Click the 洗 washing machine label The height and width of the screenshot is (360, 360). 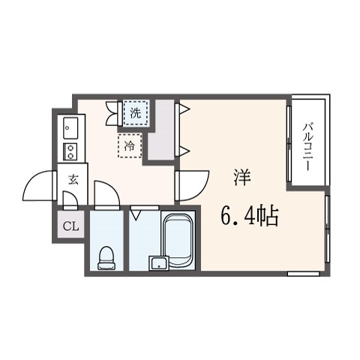coord(136,113)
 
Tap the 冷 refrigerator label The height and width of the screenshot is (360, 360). coord(130,145)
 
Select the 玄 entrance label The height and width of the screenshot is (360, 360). coord(73,179)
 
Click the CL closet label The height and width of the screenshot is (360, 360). coord(70,226)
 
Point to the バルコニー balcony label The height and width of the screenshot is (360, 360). coord(307,147)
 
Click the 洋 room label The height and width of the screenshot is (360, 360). coord(242,177)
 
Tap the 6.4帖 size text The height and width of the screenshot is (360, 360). coord(250,215)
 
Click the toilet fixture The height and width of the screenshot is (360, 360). coord(106,258)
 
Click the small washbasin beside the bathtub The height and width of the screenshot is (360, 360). coord(158,263)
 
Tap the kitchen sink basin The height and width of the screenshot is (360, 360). coord(70,128)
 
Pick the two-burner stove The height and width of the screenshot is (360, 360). coord(70,151)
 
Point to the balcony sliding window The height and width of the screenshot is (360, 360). coord(289,144)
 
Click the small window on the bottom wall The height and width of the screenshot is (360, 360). coord(304,274)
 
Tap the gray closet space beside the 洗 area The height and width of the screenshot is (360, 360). coord(162,130)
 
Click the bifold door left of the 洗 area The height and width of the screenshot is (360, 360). coord(112,113)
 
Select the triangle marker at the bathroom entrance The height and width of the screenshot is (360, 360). coord(136,215)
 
